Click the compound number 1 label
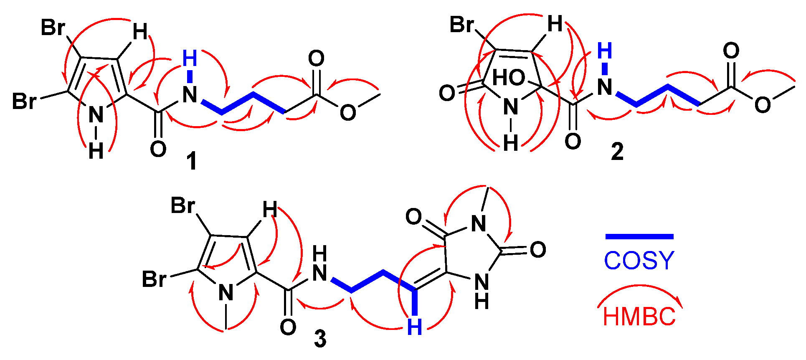coord(192,161)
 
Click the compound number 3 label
coord(320,339)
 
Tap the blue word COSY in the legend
coord(639,261)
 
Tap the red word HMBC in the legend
coord(639,317)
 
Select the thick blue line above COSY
coord(639,237)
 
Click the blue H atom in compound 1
coord(190,59)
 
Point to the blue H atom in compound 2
coord(604,51)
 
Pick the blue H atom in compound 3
coord(414,327)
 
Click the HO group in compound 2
coord(509,78)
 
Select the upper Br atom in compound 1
coord(53,28)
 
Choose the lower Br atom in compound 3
coord(154,279)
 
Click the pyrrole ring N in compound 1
coord(96,114)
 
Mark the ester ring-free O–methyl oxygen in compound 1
coord(347,112)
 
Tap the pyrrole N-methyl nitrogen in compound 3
coord(226,292)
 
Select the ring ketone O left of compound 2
coord(447,93)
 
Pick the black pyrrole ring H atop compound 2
coord(555,24)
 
